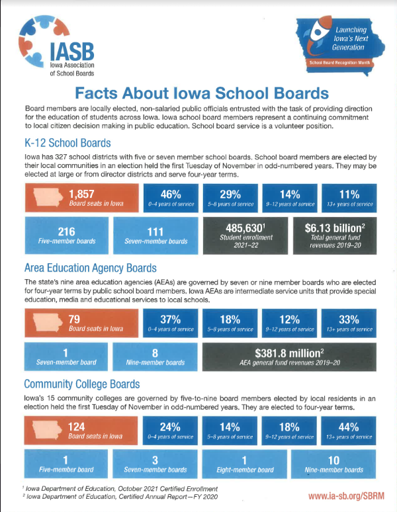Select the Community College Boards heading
[81, 384]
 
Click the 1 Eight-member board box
[245, 463]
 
